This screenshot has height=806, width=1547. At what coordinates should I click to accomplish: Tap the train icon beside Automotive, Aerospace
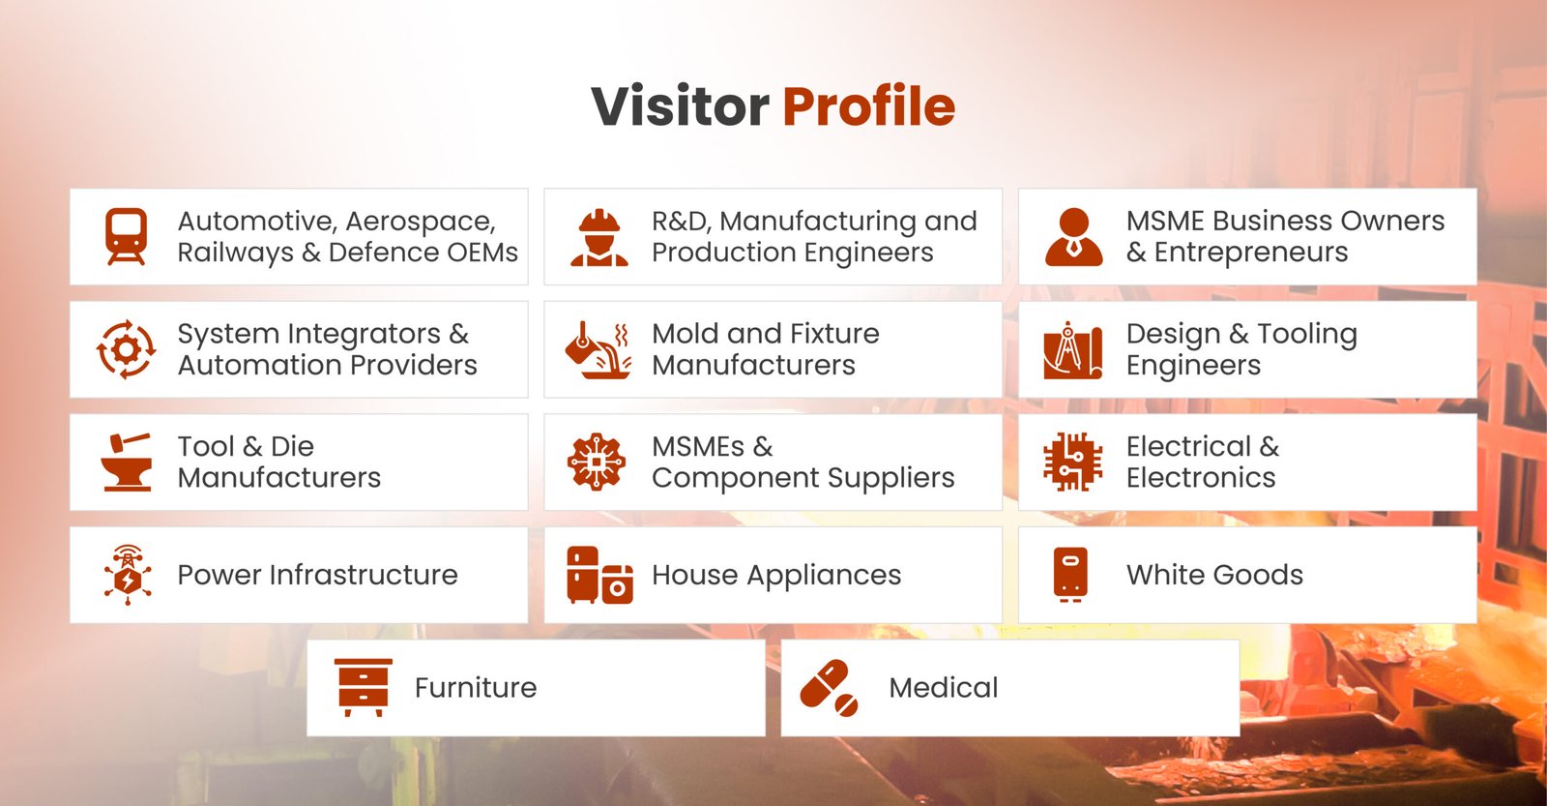click(x=127, y=236)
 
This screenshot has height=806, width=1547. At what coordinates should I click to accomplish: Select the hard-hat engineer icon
click(x=599, y=238)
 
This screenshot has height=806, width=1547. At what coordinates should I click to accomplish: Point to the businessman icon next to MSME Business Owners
click(x=1074, y=237)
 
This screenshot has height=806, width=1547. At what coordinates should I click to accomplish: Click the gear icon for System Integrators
click(x=127, y=349)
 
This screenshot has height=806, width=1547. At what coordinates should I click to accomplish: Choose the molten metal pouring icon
click(x=598, y=349)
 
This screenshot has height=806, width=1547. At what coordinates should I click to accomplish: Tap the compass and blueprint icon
click(x=1072, y=349)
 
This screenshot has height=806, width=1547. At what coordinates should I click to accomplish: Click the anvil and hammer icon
click(x=127, y=462)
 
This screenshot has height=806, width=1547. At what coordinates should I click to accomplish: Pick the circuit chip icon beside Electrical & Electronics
click(x=1072, y=462)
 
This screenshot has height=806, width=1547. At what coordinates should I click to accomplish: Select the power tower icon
click(x=127, y=575)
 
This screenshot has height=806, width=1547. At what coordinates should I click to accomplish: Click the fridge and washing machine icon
click(x=599, y=575)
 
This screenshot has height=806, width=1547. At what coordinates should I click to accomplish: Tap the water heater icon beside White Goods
click(x=1070, y=575)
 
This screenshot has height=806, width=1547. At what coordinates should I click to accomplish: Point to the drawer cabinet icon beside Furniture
click(x=364, y=688)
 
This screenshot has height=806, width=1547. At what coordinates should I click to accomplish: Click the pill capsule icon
click(x=829, y=688)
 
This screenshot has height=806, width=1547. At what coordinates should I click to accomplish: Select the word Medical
click(x=944, y=688)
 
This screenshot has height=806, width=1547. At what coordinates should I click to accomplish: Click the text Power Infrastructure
click(x=318, y=575)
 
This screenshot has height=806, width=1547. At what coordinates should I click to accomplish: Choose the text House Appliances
click(x=776, y=576)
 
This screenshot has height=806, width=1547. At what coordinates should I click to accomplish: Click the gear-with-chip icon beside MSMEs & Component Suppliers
click(x=597, y=462)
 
